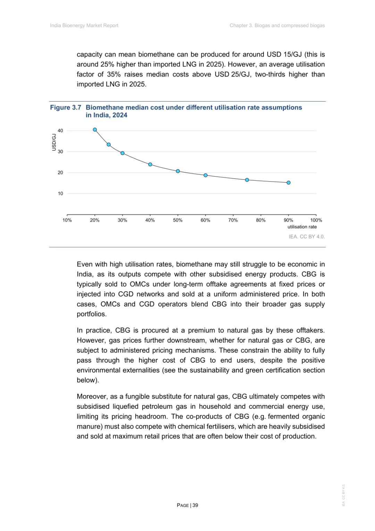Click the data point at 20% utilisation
[x=95, y=130]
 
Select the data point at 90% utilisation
[x=289, y=183]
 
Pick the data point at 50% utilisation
[x=178, y=171]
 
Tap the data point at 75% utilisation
[x=247, y=180]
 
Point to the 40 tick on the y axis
[x=60, y=131]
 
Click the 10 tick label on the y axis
[x=60, y=194]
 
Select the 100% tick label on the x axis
[x=316, y=220]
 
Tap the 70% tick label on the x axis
[x=233, y=220]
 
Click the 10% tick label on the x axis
[x=67, y=220]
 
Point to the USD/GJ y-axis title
[x=54, y=142]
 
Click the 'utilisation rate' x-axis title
[x=302, y=227]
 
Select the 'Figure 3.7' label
[x=66, y=107]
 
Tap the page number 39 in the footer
[x=195, y=505]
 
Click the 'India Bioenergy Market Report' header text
[x=84, y=25]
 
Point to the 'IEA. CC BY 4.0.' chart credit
[x=307, y=236]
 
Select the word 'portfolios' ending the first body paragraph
[x=91, y=314]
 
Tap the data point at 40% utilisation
[x=150, y=164]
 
